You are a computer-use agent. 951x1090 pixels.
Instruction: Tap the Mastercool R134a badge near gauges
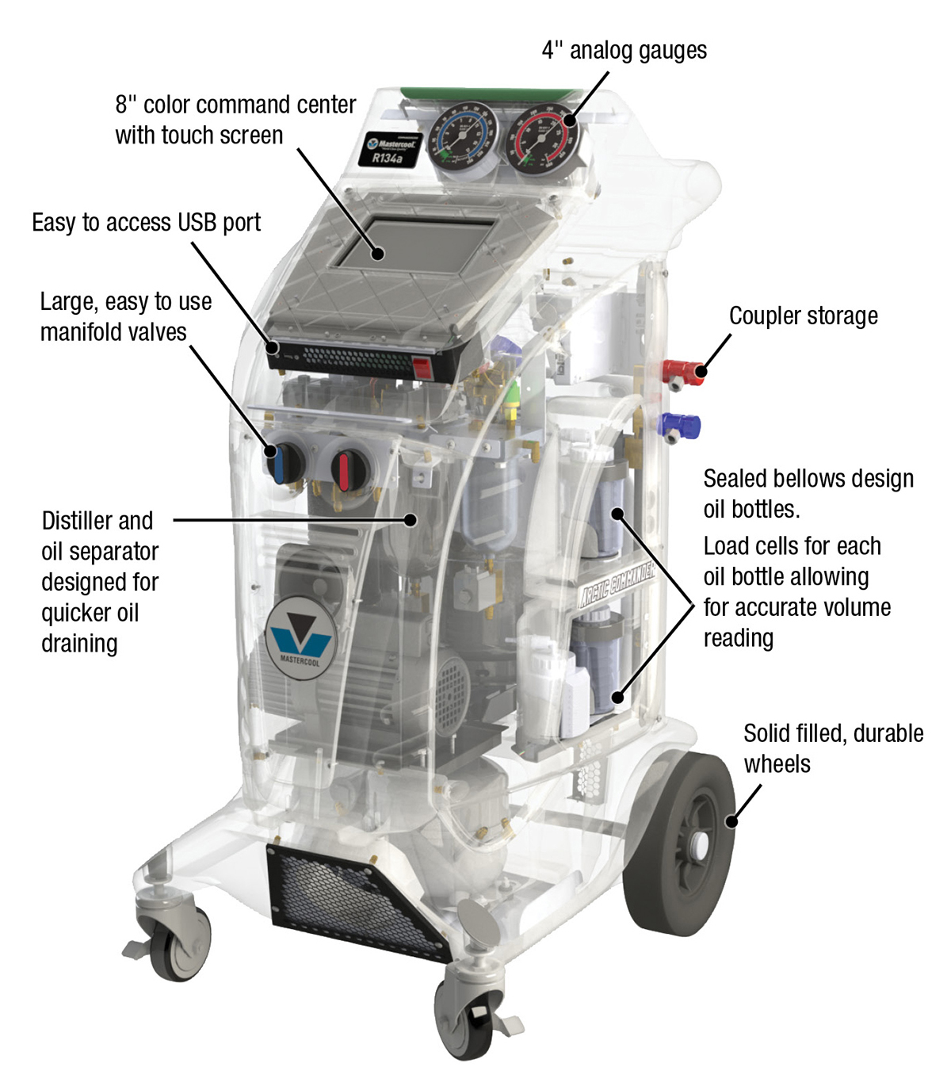coord(389,150)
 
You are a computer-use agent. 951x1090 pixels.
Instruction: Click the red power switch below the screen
coord(422,368)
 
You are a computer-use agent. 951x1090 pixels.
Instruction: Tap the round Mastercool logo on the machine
coord(300,637)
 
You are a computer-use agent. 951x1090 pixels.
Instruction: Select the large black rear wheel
coord(681,844)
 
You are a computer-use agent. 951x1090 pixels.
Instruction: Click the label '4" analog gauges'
coord(624,50)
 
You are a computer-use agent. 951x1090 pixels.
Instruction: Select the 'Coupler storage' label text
coord(803,316)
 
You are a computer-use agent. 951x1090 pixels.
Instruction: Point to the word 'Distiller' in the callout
coord(78,521)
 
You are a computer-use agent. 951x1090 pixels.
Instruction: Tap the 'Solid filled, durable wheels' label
coord(832,748)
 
